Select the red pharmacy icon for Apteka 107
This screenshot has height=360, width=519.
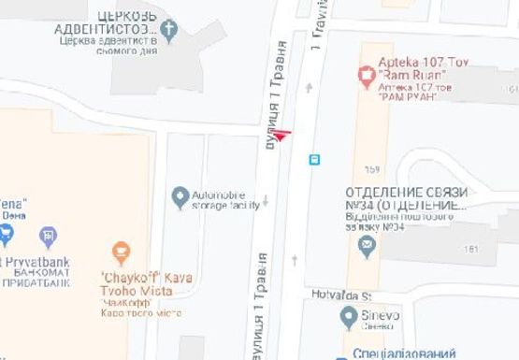[x=367, y=73]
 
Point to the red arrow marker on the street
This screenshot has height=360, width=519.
[x=281, y=135]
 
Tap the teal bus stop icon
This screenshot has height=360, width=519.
[x=314, y=160]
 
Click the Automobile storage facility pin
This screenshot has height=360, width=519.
[x=180, y=196]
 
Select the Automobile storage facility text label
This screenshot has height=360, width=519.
[x=225, y=200]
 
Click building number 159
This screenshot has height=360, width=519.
[x=373, y=169]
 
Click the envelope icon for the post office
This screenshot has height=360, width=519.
[x=367, y=246]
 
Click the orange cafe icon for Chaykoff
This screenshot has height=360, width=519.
[x=120, y=252]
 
